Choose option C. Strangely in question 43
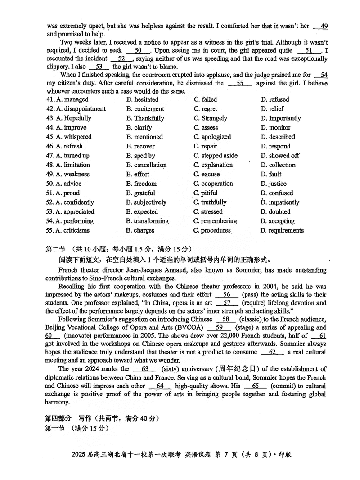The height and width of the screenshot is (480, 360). pos(210,118)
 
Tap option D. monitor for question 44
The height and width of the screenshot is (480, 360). pos(275,128)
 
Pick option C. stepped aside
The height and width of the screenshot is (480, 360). pos(216,156)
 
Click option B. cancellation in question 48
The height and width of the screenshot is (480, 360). pos(146,165)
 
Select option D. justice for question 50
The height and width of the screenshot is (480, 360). pos(273,184)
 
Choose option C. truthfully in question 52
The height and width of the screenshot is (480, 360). pos(210,202)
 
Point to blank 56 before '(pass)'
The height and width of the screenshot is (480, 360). pos(227,295)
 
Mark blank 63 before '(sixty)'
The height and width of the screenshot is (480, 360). pos(145,369)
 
